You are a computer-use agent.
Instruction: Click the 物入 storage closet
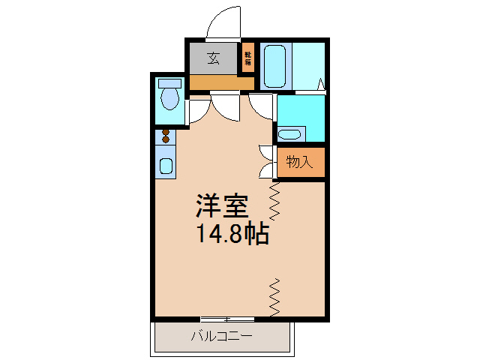point(301,161)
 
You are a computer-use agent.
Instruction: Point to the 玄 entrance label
point(213,57)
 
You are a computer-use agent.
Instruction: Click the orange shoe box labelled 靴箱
point(247,57)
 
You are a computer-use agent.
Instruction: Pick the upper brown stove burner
point(166,132)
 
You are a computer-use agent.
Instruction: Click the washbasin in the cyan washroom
point(289,135)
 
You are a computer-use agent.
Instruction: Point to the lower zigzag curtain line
point(274,296)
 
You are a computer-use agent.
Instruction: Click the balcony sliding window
point(222,319)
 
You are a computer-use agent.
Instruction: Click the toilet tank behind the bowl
point(170,82)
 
